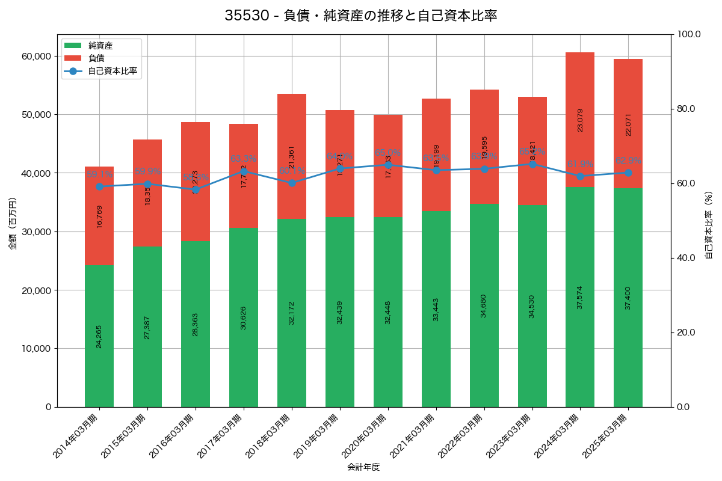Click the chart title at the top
tap(360, 16)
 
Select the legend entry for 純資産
tap(100, 46)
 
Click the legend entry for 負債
tap(96, 58)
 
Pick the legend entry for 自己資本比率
tap(112, 71)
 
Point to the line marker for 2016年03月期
tap(196, 189)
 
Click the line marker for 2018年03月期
tap(292, 183)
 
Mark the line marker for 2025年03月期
tap(628, 173)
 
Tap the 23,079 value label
tap(580, 120)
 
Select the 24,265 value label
tap(99, 337)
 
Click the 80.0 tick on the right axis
tap(686, 109)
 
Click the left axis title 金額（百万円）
tap(13, 224)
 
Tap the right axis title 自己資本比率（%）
tap(709, 225)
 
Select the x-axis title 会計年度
tap(363, 467)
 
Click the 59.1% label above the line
tap(99, 174)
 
